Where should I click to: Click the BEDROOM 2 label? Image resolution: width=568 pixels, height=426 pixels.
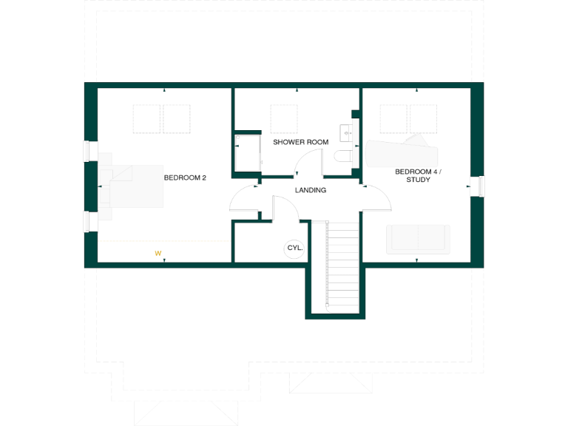tap(184, 177)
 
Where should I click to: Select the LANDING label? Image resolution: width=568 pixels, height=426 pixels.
tap(311, 190)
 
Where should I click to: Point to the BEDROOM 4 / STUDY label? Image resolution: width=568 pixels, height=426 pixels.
tap(418, 175)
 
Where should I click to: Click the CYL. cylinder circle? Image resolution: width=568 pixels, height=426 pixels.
tap(294, 248)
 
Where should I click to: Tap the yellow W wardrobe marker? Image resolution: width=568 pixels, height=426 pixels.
tap(158, 253)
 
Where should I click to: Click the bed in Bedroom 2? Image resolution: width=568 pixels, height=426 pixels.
tap(133, 186)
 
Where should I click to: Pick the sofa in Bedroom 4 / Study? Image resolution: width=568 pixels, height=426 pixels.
tap(418, 240)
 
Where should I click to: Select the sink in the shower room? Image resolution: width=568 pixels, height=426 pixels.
tap(347, 133)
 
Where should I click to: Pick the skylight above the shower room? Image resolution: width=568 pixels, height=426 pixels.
tap(285, 118)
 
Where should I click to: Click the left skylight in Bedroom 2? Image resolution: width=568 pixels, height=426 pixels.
tap(146, 118)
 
